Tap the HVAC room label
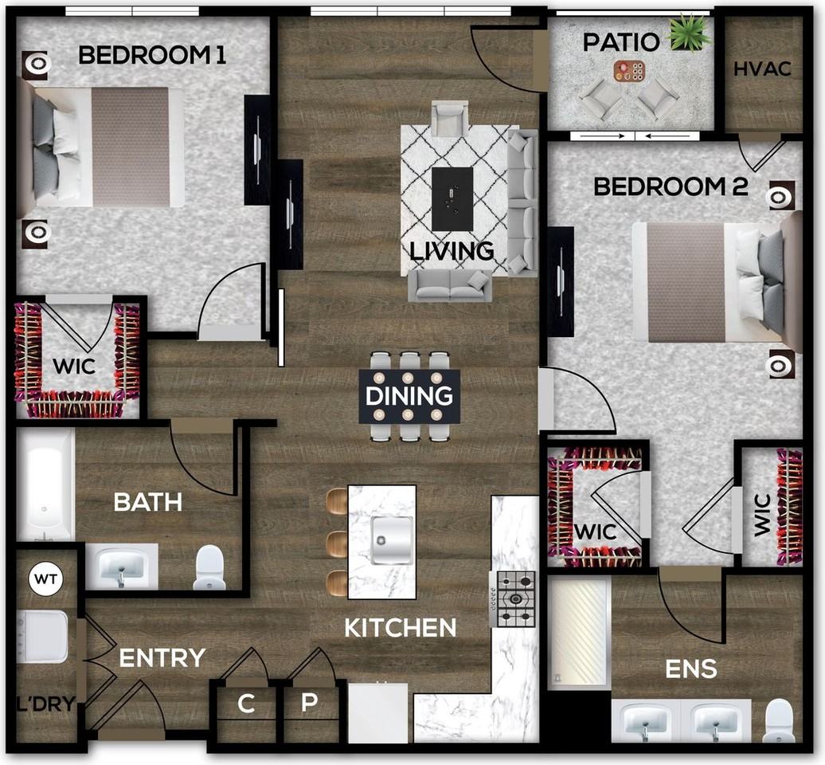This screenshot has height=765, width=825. [762, 69]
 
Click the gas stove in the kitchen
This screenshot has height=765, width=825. [514, 598]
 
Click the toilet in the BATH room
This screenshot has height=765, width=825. [209, 567]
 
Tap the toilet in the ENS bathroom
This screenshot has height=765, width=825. [778, 720]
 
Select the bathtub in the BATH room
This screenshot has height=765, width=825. [45, 484]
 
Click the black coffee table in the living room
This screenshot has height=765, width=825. [452, 198]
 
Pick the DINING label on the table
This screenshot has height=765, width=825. [409, 396]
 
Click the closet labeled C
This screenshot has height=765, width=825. [246, 705]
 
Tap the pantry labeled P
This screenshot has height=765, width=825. [310, 705]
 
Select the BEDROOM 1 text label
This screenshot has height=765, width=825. [152, 55]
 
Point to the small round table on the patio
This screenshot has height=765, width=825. [630, 72]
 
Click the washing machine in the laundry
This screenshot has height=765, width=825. [43, 637]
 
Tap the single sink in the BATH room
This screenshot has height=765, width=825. [121, 567]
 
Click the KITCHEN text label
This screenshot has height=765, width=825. [400, 628]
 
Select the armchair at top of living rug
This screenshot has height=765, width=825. [450, 119]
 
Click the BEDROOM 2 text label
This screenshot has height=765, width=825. [671, 187]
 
